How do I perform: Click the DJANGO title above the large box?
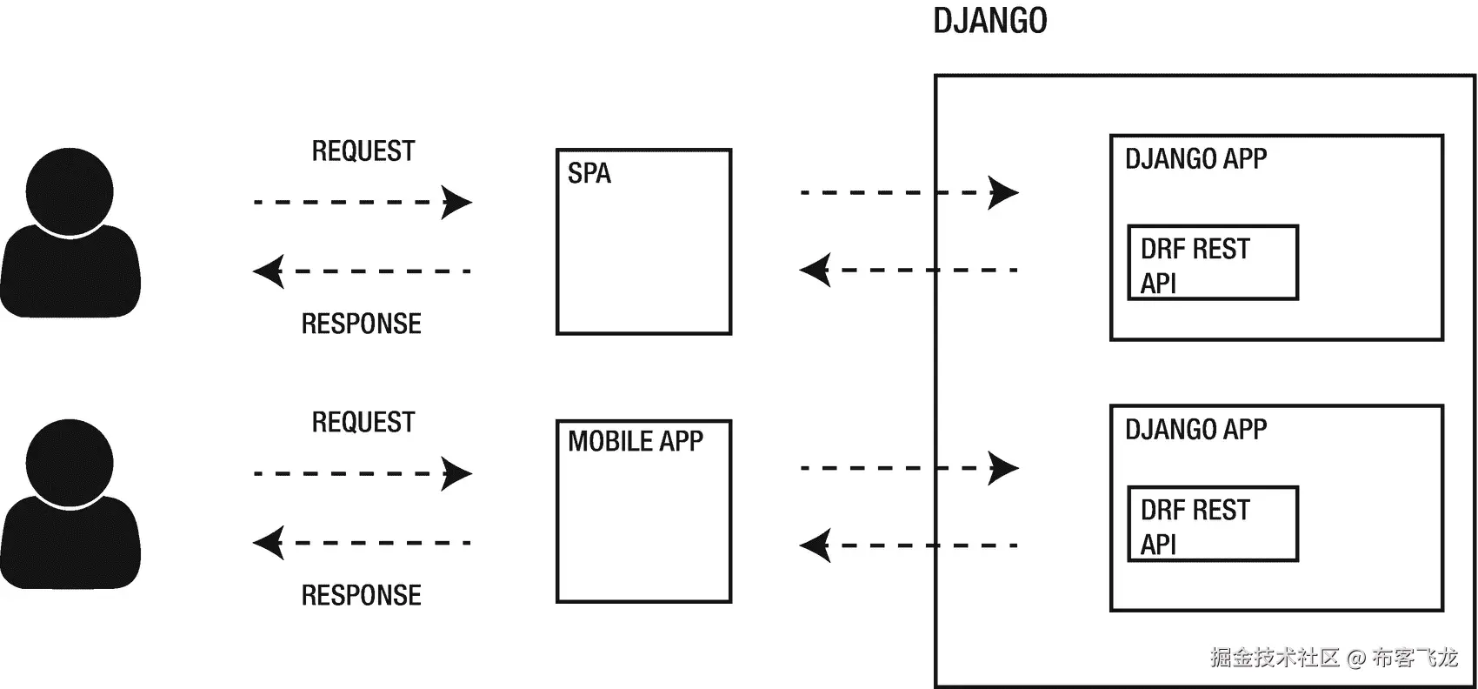989,21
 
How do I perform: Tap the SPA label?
589,173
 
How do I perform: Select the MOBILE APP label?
635,441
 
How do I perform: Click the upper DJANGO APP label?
1195,158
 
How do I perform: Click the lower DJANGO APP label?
1195,429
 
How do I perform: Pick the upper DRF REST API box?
1212,263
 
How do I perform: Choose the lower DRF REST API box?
1212,524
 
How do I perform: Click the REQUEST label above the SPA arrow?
363,151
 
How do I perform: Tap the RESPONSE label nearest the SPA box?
361,324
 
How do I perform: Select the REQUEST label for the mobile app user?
363,423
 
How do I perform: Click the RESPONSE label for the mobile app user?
361,595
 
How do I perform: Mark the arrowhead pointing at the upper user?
268,271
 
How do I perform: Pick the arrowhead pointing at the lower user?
268,543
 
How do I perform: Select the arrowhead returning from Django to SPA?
815,270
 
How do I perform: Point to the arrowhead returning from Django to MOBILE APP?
815,545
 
